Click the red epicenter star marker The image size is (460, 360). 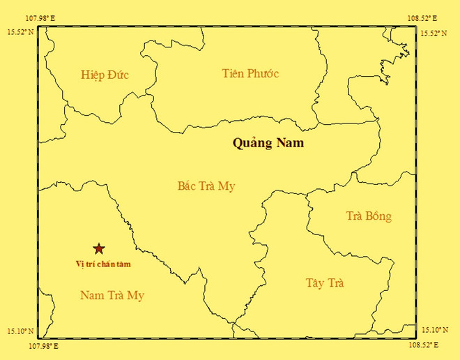tap(99, 248)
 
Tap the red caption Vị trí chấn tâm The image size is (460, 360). tap(103, 264)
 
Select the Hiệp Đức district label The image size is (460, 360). tap(105, 75)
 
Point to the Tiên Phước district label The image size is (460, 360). tap(250, 73)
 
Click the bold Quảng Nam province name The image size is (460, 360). tap(268, 144)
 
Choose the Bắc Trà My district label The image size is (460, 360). tap(207, 186)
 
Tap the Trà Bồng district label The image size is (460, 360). tap(369, 216)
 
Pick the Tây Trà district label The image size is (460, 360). tap(325, 283)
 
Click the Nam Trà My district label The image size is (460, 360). tap(112, 296)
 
